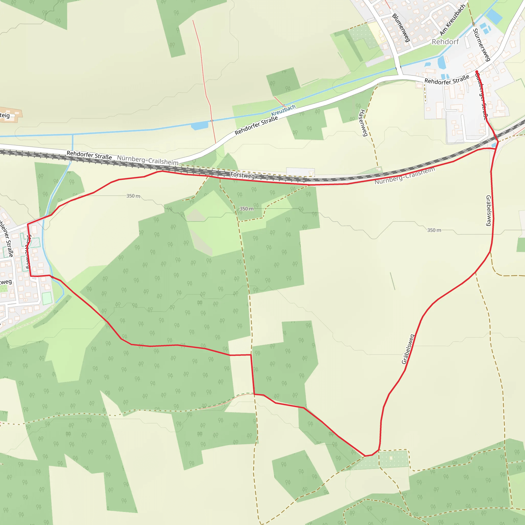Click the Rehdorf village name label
point(445,42)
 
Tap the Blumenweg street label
point(401,28)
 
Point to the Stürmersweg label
point(481,45)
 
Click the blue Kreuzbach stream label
point(283,110)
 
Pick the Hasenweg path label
point(363,123)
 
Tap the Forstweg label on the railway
point(243,175)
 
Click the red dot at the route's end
point(477,72)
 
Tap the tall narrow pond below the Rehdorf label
point(441,62)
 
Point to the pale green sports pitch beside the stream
point(47,298)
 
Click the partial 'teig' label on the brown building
point(5,116)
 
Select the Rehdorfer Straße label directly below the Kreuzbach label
point(256,125)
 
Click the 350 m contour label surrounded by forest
point(246,209)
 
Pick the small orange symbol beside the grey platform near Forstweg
point(311,173)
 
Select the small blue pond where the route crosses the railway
point(493,145)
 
